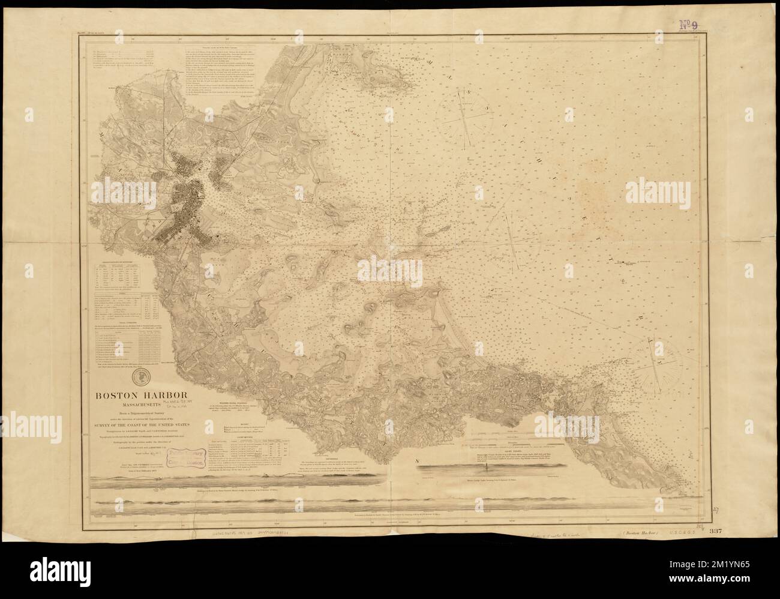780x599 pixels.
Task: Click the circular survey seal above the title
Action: [x=142, y=376]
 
